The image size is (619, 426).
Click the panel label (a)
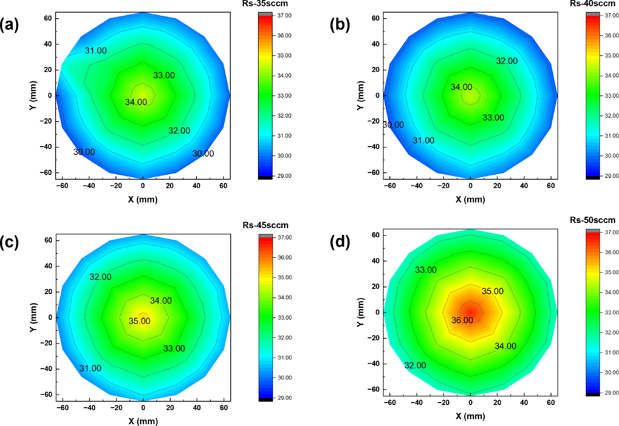pos(9,25)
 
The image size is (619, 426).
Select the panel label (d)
pos(340,242)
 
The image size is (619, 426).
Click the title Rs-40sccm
pos(592,4)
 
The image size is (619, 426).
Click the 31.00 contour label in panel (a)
pos(96,50)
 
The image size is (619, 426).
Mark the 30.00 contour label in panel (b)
pos(394,125)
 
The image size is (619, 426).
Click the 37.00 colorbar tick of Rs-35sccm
pos(284,15)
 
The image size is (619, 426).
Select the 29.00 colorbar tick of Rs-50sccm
pos(612,393)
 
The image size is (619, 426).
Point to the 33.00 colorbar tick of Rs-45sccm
pos(285,318)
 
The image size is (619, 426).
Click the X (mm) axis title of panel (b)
pos(470,199)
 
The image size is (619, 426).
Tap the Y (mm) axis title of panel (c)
pos(33,317)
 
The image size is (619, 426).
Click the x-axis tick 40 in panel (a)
pos(196,186)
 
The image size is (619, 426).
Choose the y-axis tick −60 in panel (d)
pos(373,389)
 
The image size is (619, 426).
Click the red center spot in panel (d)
pos(470,312)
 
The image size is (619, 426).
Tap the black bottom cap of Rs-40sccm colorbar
pos(592,178)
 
